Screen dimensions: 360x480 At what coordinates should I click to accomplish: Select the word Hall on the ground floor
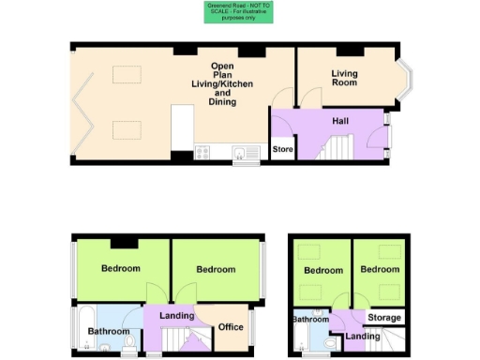(341, 121)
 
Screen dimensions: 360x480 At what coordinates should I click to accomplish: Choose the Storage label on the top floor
(384, 318)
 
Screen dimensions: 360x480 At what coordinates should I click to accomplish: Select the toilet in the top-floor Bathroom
(329, 345)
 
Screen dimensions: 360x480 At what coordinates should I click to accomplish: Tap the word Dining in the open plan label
(222, 102)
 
